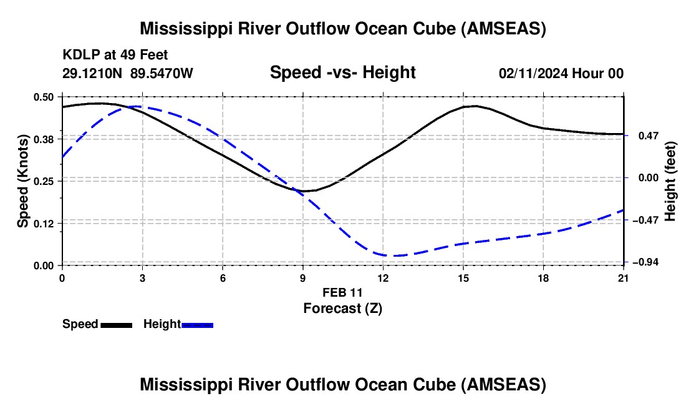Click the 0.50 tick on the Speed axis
(43, 97)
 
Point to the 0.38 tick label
(43, 139)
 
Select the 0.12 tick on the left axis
(43, 224)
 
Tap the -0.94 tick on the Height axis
(645, 262)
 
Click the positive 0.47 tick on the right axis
(649, 136)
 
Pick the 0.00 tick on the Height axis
(649, 178)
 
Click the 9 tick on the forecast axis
(302, 278)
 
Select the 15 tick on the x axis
(463, 278)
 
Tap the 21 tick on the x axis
(624, 278)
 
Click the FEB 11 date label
(342, 292)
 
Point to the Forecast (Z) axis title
(342, 309)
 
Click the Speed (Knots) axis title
(22, 181)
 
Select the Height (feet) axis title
(670, 181)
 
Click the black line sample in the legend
(117, 325)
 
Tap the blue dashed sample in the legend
(197, 325)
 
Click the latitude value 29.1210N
(92, 73)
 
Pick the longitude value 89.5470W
(162, 73)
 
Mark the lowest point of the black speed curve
(304, 191)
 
